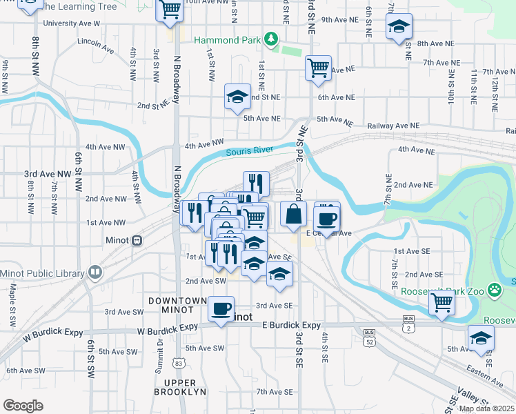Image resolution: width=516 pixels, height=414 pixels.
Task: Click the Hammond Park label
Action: coord(227,40)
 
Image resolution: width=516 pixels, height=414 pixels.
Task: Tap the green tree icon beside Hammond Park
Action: coord(272,39)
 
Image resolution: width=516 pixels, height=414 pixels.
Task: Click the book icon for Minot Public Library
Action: coord(95,273)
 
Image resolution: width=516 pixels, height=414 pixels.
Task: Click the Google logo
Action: coord(23,405)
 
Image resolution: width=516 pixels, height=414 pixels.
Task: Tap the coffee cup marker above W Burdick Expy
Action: coord(221,308)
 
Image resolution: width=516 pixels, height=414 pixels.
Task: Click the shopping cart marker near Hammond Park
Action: coord(318,68)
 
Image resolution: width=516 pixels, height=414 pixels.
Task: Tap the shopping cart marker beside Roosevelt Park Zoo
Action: coord(441,302)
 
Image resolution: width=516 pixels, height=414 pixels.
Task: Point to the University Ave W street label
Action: coord(71,23)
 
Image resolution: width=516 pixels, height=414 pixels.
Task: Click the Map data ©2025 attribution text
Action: coord(486,408)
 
